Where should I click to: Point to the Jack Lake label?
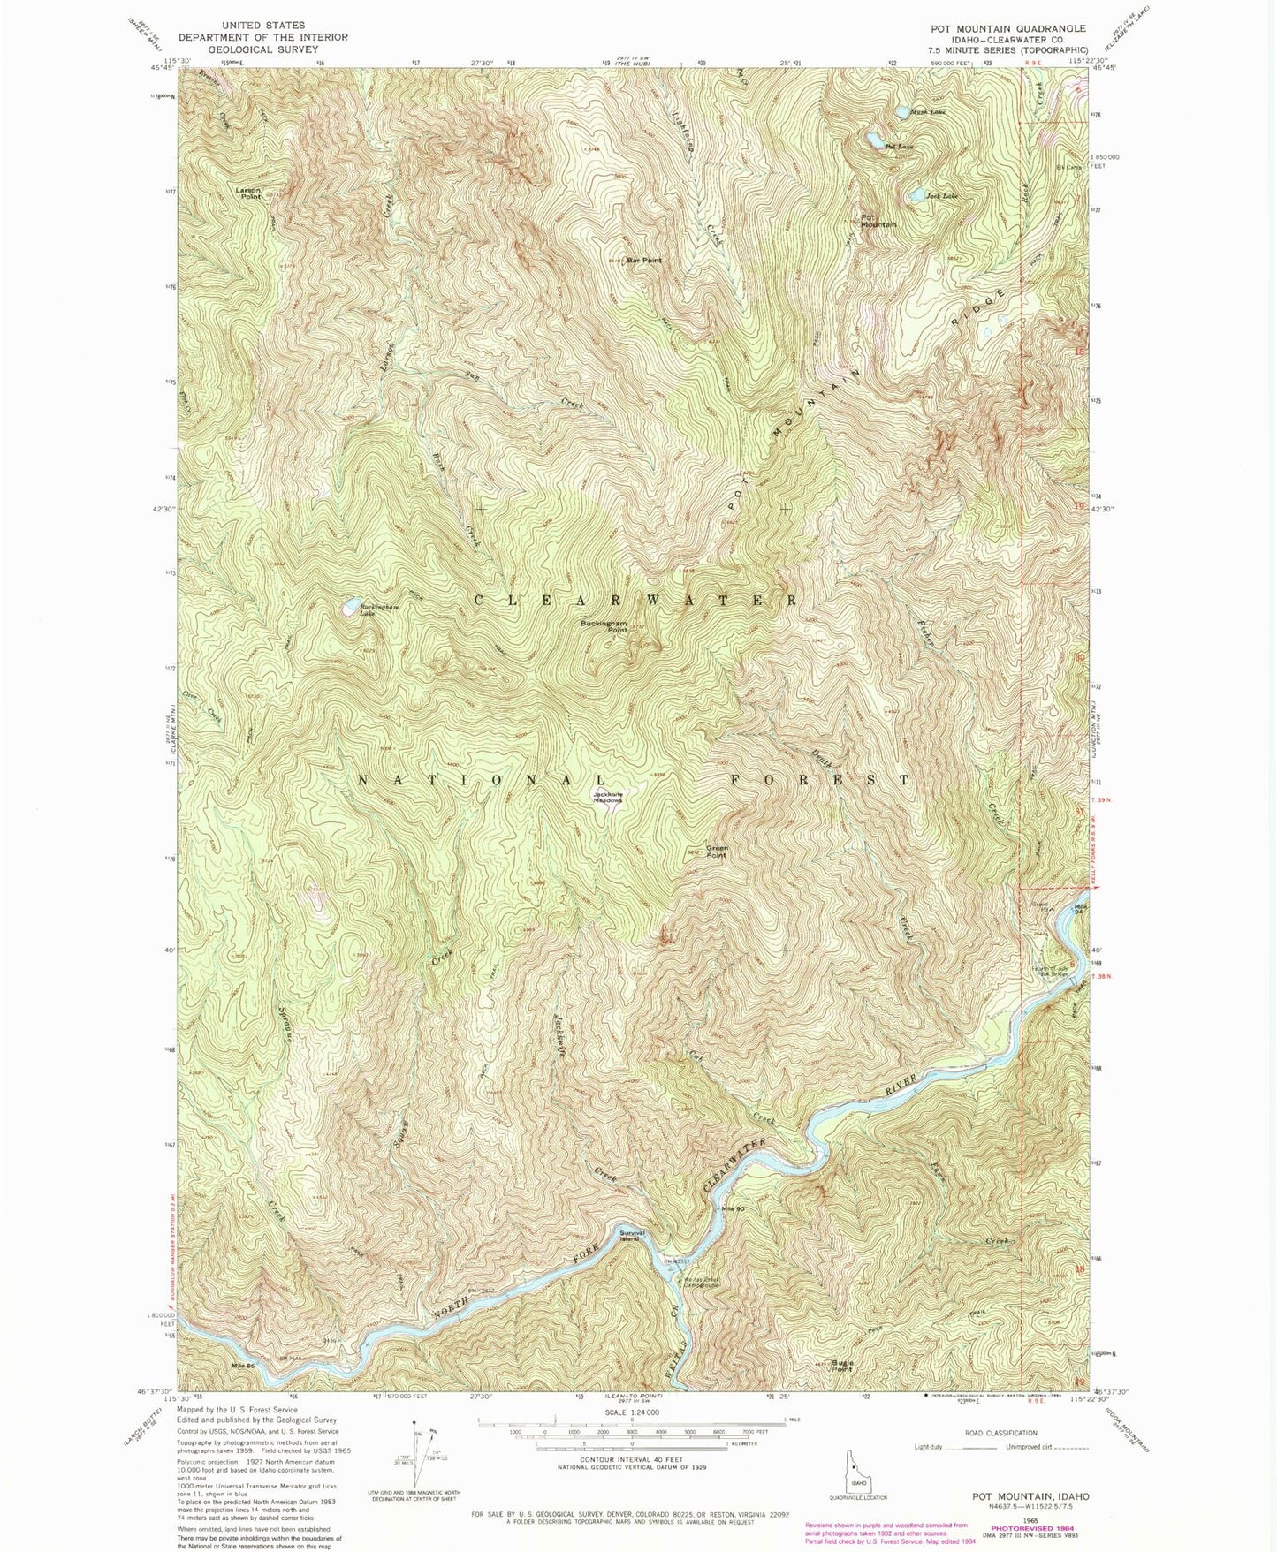pos(942,195)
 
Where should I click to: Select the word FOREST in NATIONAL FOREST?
pos(819,780)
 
